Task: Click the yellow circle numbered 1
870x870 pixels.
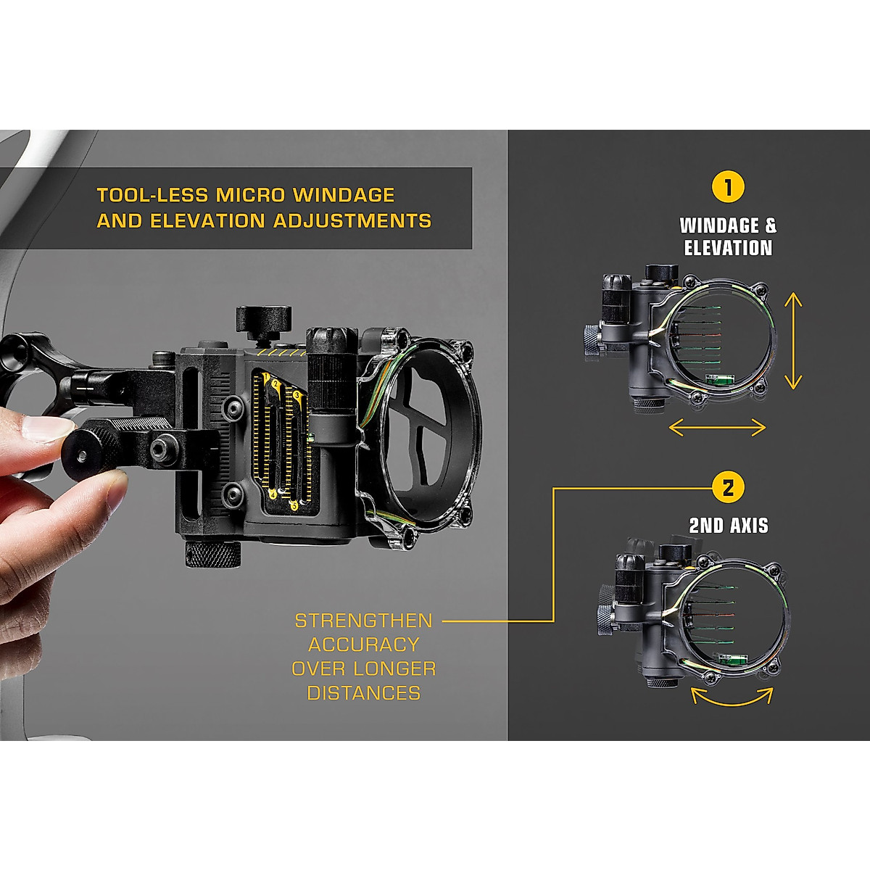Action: pyautogui.click(x=728, y=187)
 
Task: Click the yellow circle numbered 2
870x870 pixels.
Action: pyautogui.click(x=728, y=486)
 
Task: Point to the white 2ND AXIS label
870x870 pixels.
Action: pyautogui.click(x=728, y=526)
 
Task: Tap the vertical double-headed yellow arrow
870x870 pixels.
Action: pyautogui.click(x=794, y=340)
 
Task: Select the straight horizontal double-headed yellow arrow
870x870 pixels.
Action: pyautogui.click(x=716, y=428)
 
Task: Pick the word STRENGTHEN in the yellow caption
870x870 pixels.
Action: pyautogui.click(x=363, y=621)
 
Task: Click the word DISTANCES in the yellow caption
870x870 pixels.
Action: pyautogui.click(x=363, y=693)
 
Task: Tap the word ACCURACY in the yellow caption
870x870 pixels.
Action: pyautogui.click(x=363, y=645)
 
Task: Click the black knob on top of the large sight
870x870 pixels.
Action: pyautogui.click(x=262, y=319)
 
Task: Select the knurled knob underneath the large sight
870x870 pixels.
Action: pyautogui.click(x=212, y=555)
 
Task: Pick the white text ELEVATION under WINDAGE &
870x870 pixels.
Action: pyautogui.click(x=728, y=248)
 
